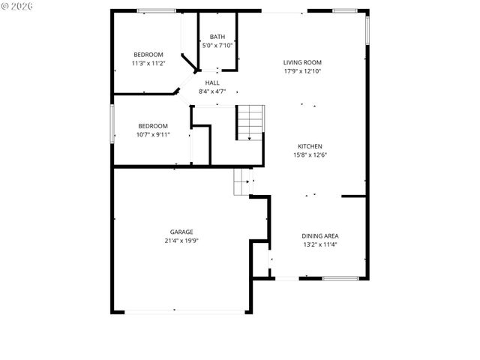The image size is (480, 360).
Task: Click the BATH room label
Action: tap(217, 37)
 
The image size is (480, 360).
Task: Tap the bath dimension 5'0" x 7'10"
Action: tap(217, 46)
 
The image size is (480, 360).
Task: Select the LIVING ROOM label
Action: tap(302, 62)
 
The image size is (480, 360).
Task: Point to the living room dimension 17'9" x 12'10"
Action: tap(302, 71)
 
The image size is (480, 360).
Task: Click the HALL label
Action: tap(212, 82)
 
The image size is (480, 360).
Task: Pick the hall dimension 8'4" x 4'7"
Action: tap(212, 91)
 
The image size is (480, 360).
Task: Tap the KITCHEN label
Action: tap(310, 146)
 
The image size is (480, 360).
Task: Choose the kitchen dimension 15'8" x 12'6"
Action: tap(310, 155)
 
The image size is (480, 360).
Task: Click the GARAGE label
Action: tap(181, 232)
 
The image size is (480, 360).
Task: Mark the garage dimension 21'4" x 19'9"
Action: tap(181, 241)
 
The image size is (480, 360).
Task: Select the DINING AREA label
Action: tap(320, 235)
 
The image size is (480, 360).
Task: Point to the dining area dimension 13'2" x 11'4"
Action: tap(320, 244)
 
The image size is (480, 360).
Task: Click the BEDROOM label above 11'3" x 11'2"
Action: tap(148, 55)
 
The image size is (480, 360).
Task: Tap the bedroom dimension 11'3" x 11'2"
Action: tap(148, 64)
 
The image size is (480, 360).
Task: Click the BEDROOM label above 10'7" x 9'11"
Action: tap(153, 126)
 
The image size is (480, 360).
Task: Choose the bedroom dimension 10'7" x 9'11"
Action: tap(153, 135)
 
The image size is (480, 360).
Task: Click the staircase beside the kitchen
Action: tap(250, 122)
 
